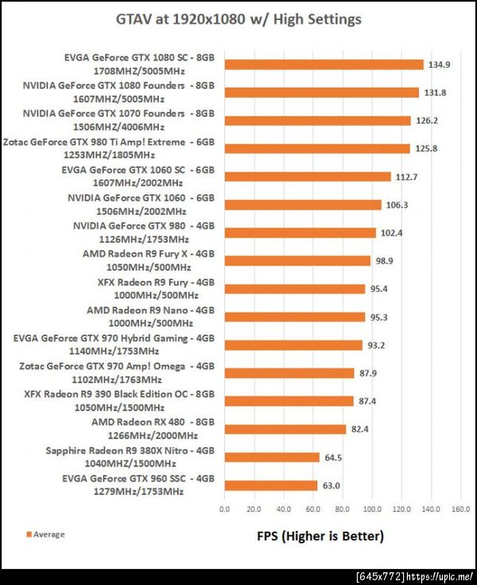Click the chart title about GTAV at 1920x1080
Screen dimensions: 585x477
[238, 19]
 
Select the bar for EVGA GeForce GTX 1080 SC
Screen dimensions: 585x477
[324, 64]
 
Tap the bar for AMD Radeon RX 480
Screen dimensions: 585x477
[285, 429]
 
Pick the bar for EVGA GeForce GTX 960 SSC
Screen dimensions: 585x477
[270, 485]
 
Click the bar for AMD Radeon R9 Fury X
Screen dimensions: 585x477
[297, 260]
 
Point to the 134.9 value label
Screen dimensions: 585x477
[440, 64]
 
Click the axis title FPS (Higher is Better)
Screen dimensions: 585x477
[320, 536]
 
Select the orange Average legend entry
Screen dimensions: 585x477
[46, 534]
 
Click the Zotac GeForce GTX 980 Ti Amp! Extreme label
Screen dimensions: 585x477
[109, 148]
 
